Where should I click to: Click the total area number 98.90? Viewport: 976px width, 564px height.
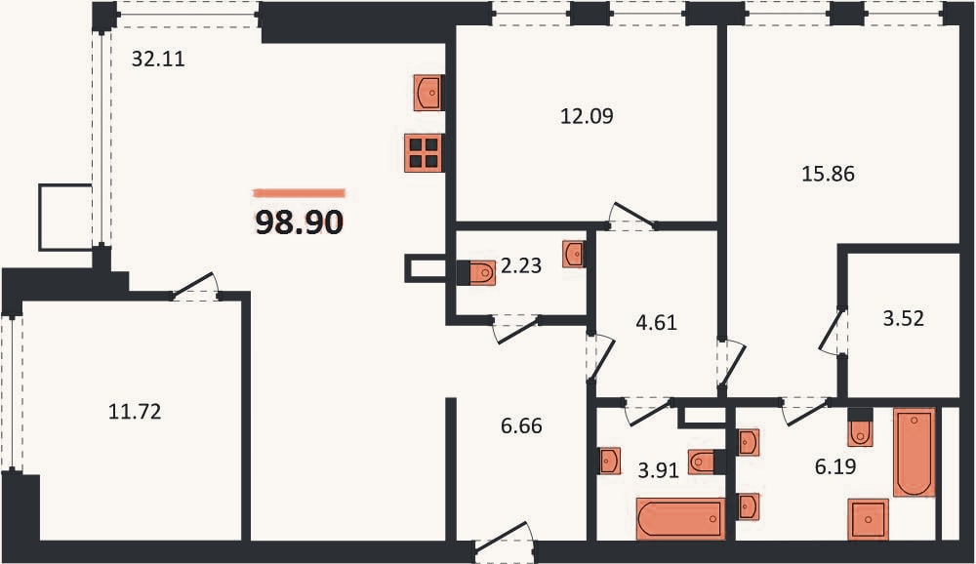[300, 222]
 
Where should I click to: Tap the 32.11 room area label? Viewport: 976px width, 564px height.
[158, 59]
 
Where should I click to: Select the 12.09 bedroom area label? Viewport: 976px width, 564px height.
[587, 116]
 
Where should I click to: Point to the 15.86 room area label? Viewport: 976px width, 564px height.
[828, 174]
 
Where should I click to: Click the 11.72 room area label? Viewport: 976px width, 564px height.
[135, 412]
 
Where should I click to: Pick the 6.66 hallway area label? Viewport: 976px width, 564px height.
[521, 425]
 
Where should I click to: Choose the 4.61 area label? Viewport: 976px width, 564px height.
[656, 322]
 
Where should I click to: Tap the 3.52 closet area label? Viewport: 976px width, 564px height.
[903, 319]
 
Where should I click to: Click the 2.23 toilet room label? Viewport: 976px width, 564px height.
[521, 265]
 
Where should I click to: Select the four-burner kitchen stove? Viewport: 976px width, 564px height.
[424, 152]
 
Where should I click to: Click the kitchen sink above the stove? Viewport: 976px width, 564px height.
[428, 93]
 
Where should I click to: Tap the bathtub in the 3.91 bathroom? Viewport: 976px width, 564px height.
[680, 518]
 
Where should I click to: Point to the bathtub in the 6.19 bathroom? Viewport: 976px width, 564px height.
[915, 452]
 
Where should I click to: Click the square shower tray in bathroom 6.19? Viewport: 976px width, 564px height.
[868, 519]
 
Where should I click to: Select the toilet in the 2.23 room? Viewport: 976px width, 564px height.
[477, 272]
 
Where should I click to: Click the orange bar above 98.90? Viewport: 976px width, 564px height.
[299, 193]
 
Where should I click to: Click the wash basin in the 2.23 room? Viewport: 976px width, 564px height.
[573, 254]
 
